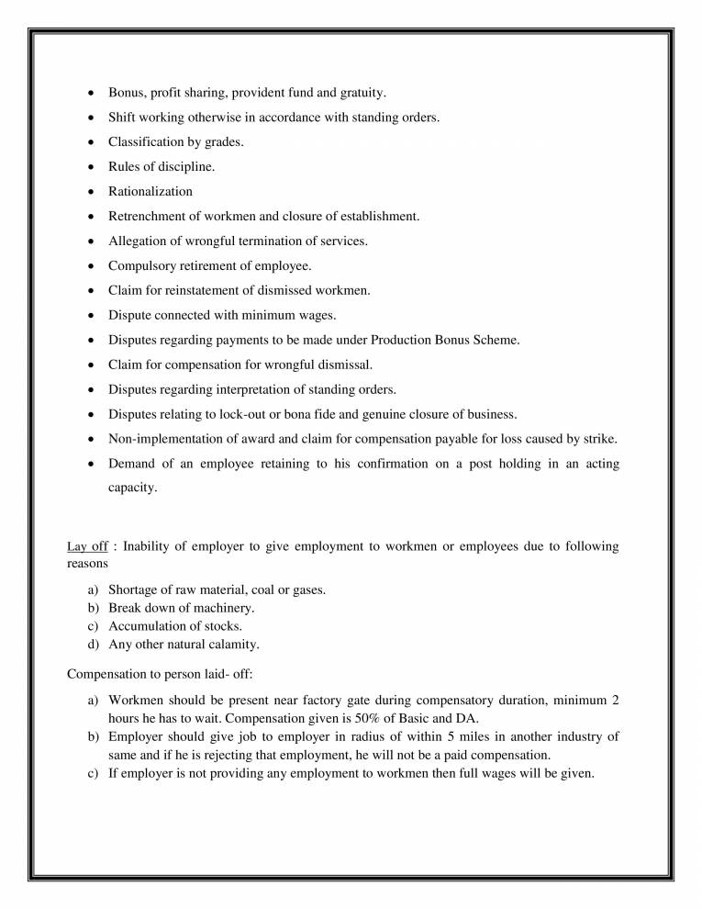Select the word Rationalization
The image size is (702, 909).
tap(150, 191)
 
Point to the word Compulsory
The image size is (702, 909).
tap(141, 265)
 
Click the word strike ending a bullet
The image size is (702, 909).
tap(600, 439)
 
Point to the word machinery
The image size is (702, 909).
tap(223, 608)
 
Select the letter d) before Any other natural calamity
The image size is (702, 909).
tap(93, 645)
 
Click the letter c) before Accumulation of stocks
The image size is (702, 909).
tap(93, 626)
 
